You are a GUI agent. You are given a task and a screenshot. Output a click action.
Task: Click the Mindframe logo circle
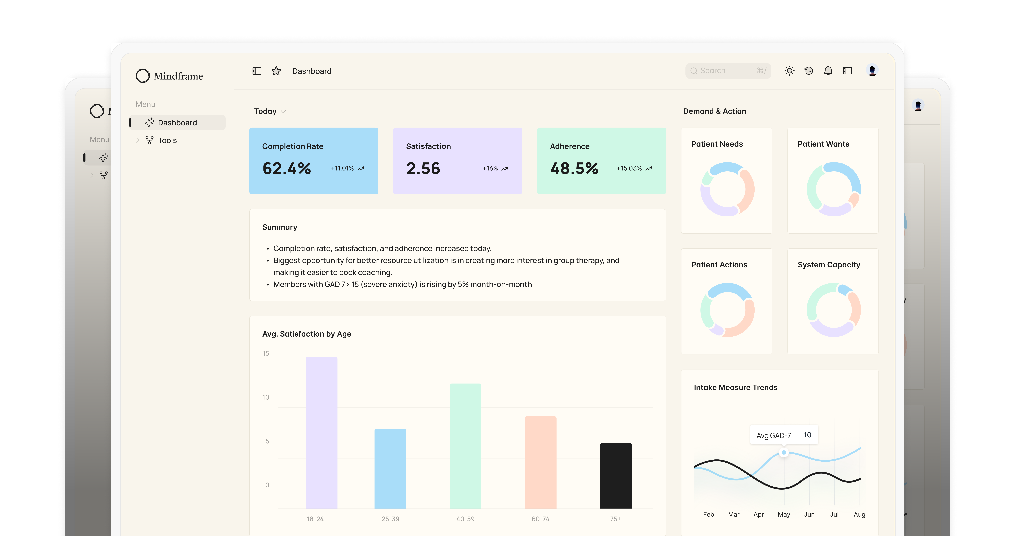(x=143, y=76)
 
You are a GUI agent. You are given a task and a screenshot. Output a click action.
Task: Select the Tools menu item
(x=167, y=141)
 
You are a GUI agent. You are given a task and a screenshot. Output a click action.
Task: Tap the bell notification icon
(x=828, y=71)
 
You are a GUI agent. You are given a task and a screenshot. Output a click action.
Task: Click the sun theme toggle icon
(x=789, y=71)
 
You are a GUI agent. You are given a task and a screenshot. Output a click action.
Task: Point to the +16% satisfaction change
(x=490, y=169)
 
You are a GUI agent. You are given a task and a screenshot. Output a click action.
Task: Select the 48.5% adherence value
(x=574, y=169)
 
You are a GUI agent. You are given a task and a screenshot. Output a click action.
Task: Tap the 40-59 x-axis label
(x=465, y=519)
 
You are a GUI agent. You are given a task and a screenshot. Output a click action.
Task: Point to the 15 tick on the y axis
(x=266, y=354)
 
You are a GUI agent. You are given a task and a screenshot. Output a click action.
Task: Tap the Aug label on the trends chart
(x=859, y=514)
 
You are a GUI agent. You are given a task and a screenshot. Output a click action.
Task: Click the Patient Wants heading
(x=823, y=144)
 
